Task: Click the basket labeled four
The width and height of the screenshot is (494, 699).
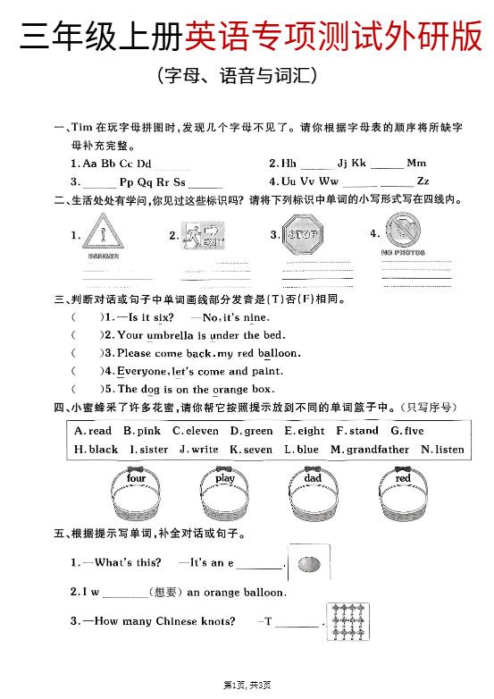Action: pos(136,500)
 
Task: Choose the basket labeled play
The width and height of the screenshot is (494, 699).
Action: pos(224,500)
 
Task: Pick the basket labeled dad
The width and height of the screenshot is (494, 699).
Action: pos(313,500)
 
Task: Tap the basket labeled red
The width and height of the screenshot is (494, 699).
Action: pos(403,500)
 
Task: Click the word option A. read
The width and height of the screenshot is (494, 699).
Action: pos(94,431)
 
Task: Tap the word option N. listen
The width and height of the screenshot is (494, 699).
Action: pos(442,450)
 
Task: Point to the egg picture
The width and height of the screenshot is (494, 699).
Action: pos(309,564)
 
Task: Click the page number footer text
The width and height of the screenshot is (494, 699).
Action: pos(247,685)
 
